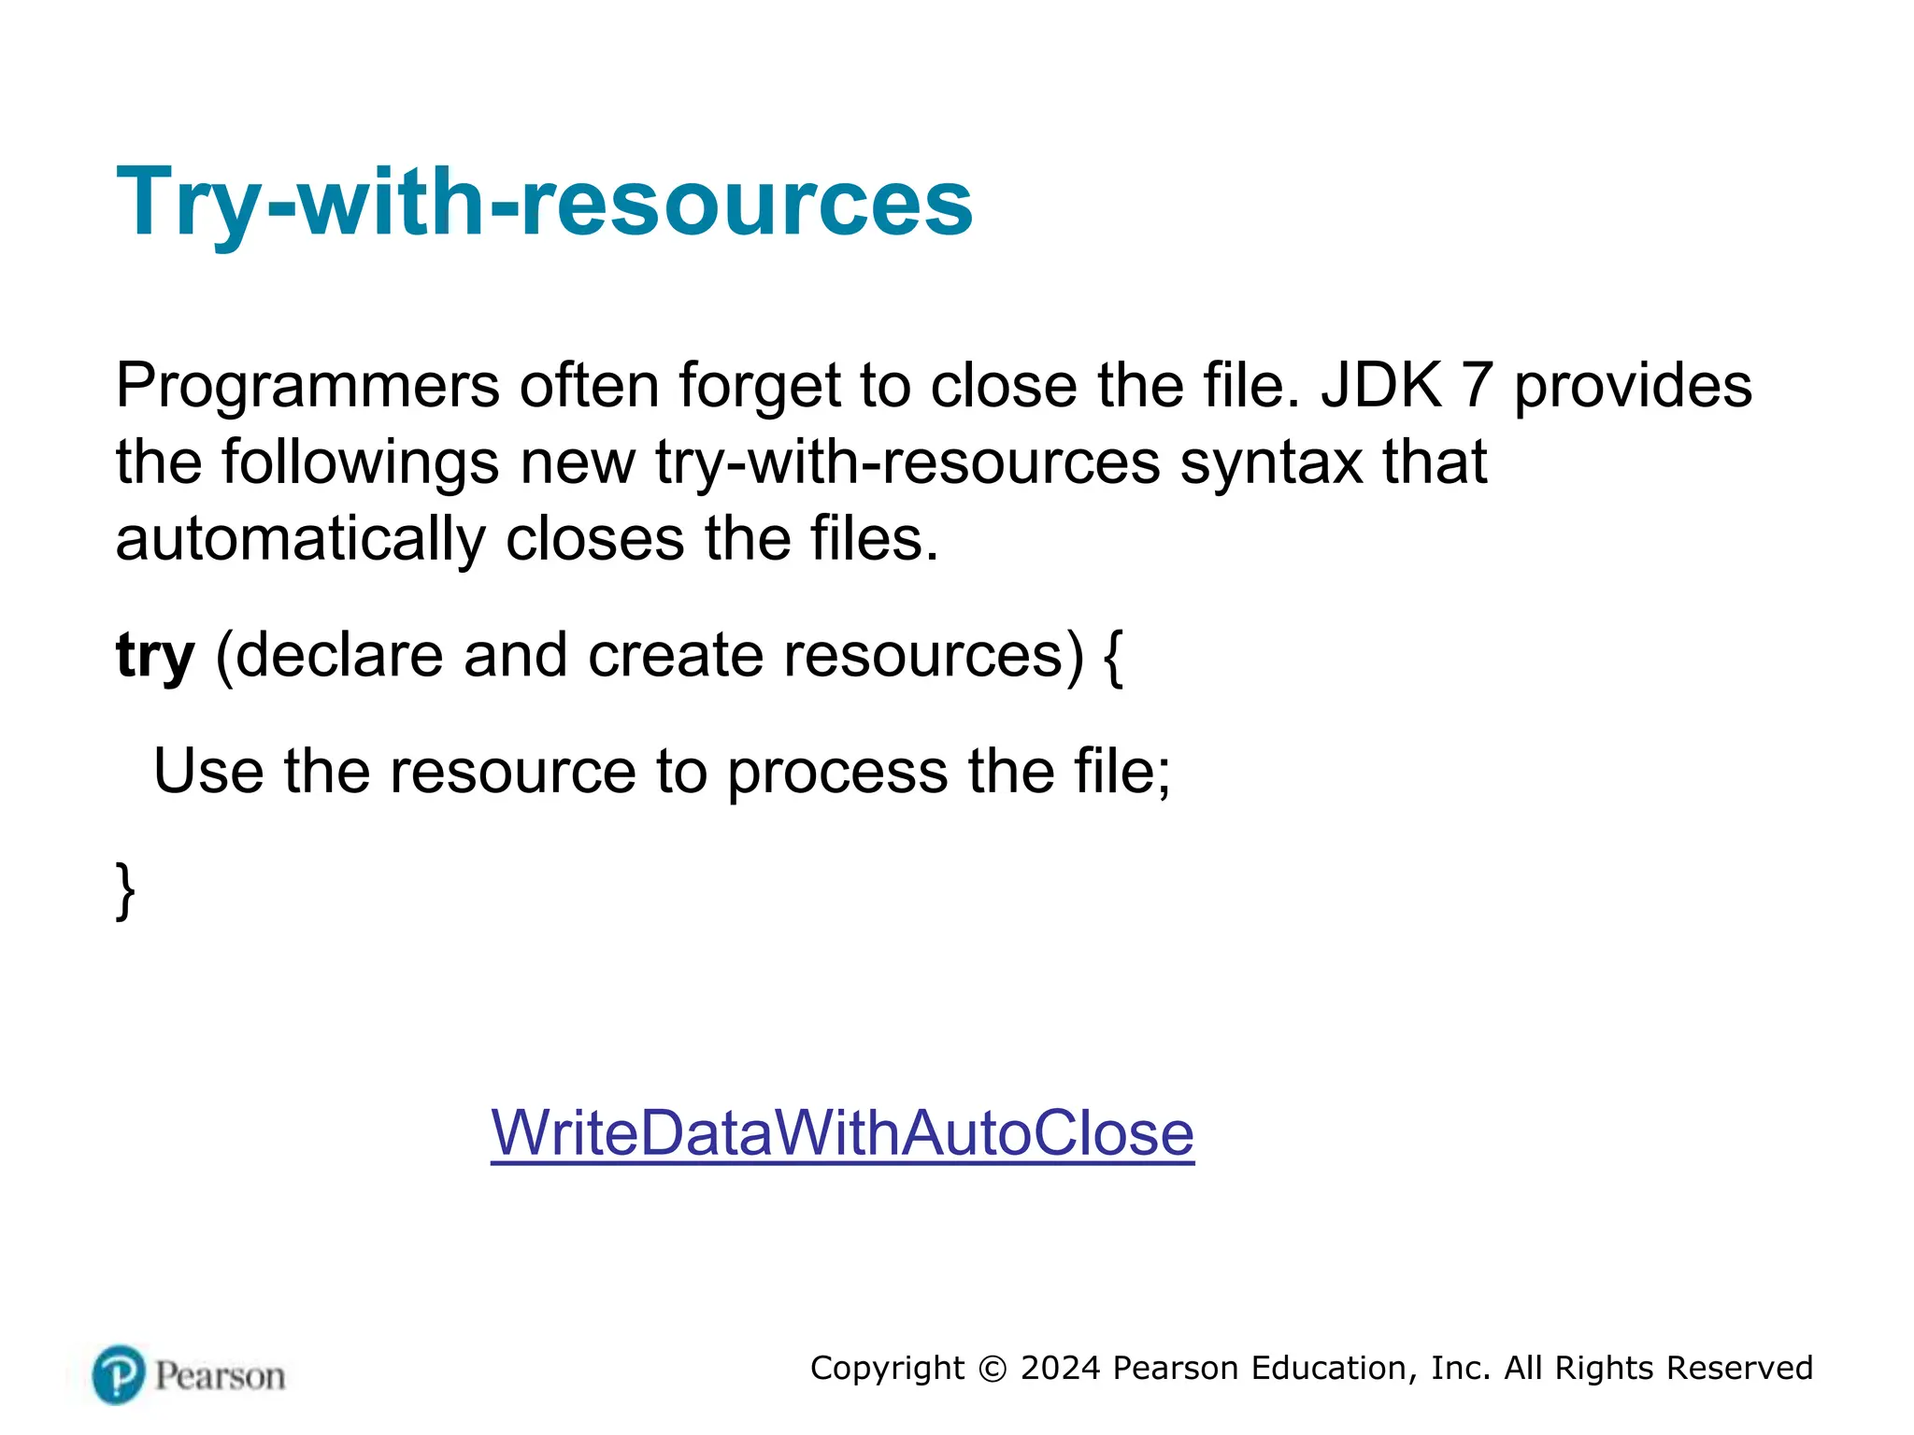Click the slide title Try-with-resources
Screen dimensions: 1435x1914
[544, 202]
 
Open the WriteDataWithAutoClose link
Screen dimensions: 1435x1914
[842, 1132]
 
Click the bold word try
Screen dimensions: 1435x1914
[155, 656]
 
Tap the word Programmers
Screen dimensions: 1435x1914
[307, 385]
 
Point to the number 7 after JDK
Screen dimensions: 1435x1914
[1477, 385]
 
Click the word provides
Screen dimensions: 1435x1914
[1633, 385]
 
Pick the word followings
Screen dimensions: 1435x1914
[360, 462]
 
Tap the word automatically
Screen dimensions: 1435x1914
[300, 539]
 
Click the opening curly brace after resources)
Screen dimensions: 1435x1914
[1113, 656]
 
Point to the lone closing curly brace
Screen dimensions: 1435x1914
[125, 890]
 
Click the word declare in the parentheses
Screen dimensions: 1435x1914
[339, 656]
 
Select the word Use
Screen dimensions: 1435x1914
[208, 772]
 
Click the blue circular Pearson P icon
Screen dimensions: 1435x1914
[119, 1374]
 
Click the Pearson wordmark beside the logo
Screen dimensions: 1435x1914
[220, 1376]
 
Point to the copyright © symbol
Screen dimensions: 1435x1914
[993, 1369]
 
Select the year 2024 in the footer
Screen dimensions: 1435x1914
[1061, 1368]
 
